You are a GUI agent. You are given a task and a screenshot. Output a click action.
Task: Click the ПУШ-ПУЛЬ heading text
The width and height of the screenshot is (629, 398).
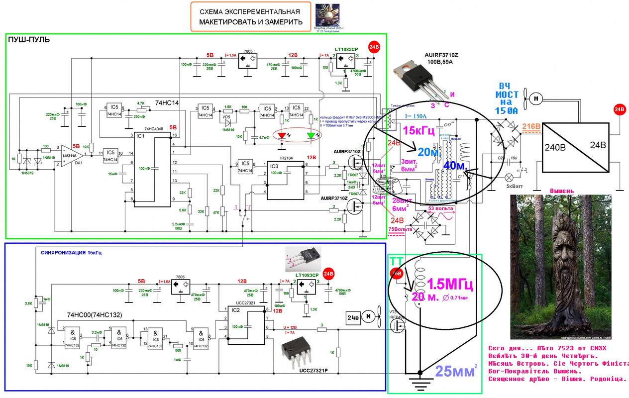(29, 40)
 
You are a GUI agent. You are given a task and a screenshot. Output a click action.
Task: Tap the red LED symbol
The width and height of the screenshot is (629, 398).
(282, 135)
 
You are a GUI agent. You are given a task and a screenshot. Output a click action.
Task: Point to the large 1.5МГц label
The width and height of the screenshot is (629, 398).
(449, 285)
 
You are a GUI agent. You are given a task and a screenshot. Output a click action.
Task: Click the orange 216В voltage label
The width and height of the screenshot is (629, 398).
(531, 127)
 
